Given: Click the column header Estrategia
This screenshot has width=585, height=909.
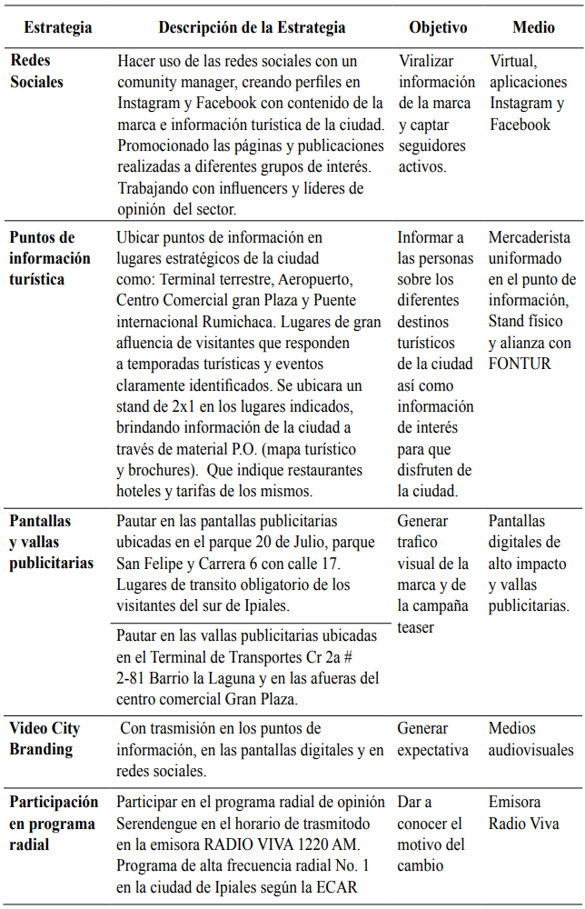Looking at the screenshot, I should (58, 27).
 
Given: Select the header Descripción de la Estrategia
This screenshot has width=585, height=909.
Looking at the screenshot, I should (252, 27).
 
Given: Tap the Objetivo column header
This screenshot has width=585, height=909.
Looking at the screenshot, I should (438, 27).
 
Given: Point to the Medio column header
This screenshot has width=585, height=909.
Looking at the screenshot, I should (533, 27).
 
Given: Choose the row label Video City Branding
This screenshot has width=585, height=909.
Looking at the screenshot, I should (45, 739).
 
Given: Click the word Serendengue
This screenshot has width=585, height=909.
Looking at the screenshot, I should (158, 824).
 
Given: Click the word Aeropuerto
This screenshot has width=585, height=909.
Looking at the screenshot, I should (319, 279).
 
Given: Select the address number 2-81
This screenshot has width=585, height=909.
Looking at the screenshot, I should (134, 678).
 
